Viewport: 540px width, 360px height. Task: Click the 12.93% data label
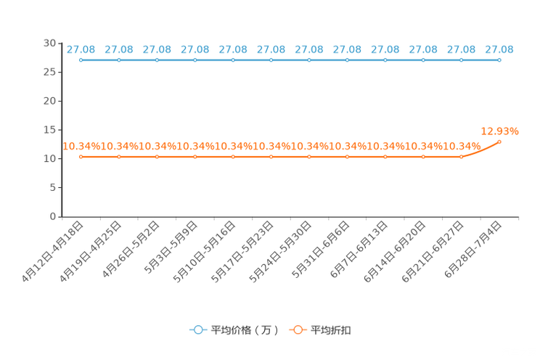[x=499, y=131]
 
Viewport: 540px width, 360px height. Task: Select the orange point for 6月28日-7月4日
[x=499, y=142]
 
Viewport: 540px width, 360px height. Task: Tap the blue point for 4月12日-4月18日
[x=81, y=60]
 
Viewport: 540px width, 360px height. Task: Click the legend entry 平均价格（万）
[x=234, y=330]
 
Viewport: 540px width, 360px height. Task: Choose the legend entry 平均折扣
[x=320, y=330]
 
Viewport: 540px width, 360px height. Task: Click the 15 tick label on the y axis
[x=49, y=130]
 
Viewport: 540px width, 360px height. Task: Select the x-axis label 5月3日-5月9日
[x=171, y=247]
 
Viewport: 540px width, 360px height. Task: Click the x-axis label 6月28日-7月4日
[x=472, y=250]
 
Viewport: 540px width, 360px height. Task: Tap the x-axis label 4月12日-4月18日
[x=52, y=252]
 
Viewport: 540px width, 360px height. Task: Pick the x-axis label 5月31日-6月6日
[x=321, y=250]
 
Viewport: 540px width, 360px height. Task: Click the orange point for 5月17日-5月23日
[x=271, y=157]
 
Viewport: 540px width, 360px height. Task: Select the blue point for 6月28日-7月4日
[x=499, y=60]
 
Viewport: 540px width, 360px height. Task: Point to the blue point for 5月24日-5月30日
[x=309, y=60]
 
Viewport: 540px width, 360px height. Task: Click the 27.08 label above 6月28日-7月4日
[x=499, y=49]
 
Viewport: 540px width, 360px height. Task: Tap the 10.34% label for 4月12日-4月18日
[x=81, y=147]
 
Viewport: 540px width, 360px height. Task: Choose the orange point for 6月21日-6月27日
[x=462, y=157]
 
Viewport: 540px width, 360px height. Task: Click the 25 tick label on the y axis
[x=49, y=72]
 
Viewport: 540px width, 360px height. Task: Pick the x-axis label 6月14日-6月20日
[x=395, y=252]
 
